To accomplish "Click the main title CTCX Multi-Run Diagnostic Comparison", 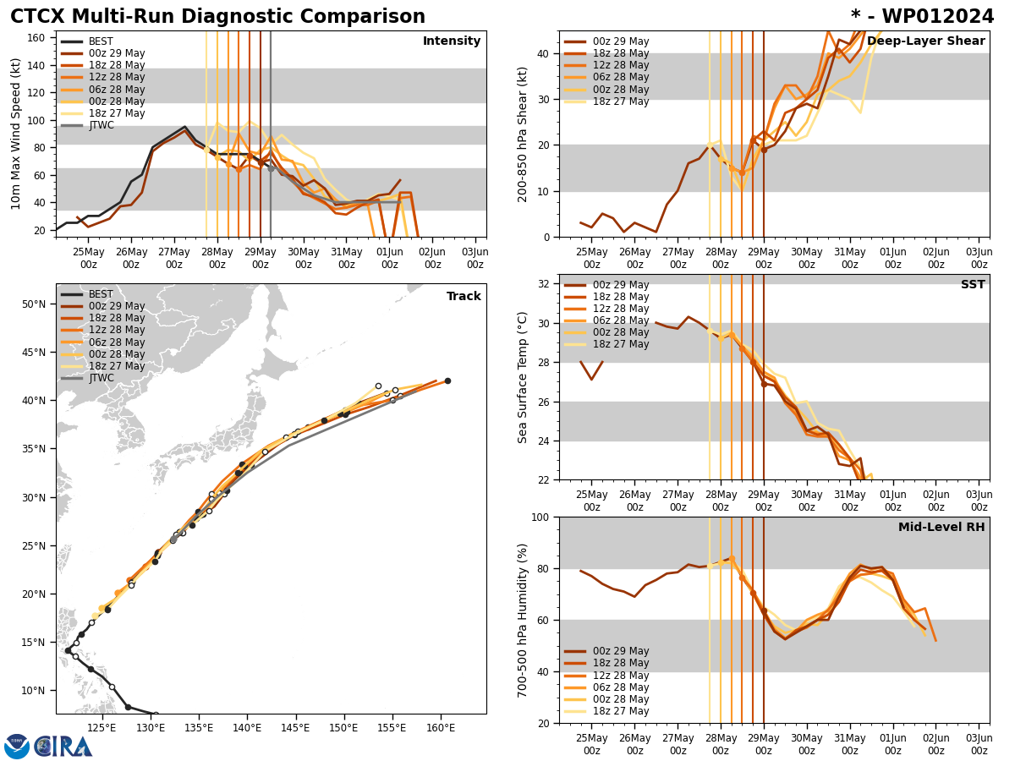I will click(x=217, y=17).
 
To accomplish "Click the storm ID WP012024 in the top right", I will click(x=922, y=17).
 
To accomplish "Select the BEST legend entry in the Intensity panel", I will click(x=101, y=41).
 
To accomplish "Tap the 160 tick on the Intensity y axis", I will click(x=38, y=38).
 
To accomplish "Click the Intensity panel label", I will click(x=452, y=41).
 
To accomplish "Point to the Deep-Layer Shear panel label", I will click(x=926, y=41).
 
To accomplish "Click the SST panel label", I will click(x=973, y=285).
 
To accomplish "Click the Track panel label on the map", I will click(x=464, y=297).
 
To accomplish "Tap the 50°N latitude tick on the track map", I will click(x=34, y=304).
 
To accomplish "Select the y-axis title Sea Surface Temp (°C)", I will click(x=524, y=377).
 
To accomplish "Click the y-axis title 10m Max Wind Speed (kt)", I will click(x=15, y=134).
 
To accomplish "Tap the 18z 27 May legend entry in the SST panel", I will click(x=620, y=344).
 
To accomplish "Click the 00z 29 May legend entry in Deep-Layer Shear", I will click(x=620, y=41).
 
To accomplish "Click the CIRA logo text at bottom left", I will click(x=63, y=746).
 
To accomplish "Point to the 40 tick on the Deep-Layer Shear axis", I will click(x=543, y=53).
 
